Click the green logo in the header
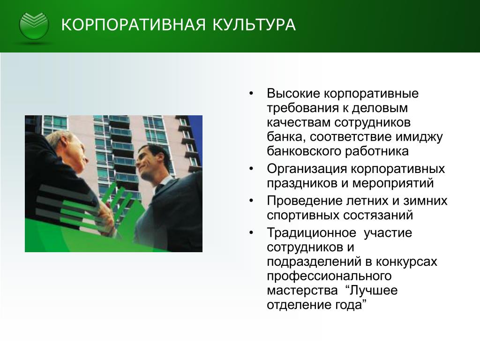(x=34, y=26)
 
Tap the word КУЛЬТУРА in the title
(x=254, y=25)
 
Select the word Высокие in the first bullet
(x=293, y=93)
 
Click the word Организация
(x=307, y=169)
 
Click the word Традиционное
(x=312, y=233)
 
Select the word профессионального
(x=329, y=276)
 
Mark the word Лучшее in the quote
(x=374, y=290)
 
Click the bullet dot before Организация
(x=251, y=169)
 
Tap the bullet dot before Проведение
(x=251, y=201)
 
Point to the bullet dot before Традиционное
(x=251, y=233)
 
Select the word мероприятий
(x=393, y=183)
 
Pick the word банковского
(x=304, y=151)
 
